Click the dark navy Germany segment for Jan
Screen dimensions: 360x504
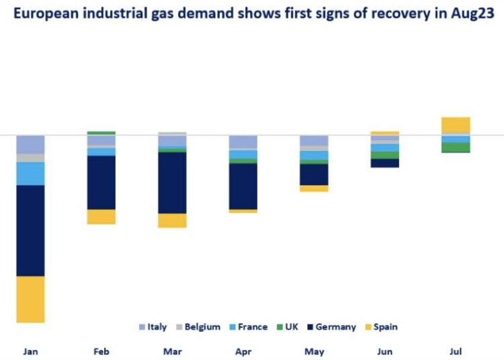point(30,230)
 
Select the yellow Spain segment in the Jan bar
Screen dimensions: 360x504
point(30,300)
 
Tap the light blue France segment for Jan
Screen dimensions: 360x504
point(30,173)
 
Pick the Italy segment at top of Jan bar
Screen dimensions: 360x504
point(30,144)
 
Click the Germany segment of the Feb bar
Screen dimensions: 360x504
point(101,183)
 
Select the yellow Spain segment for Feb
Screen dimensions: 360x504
point(101,217)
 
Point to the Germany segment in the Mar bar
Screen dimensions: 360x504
point(172,183)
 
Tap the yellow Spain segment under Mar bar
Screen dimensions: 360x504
point(172,220)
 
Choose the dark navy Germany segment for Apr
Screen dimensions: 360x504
point(243,186)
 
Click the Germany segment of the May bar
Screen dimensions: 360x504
point(314,175)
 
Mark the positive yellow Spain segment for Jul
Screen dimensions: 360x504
point(456,126)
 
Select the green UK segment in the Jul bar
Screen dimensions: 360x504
point(456,148)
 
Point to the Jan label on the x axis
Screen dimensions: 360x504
point(30,351)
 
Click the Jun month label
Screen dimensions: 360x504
point(384,351)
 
